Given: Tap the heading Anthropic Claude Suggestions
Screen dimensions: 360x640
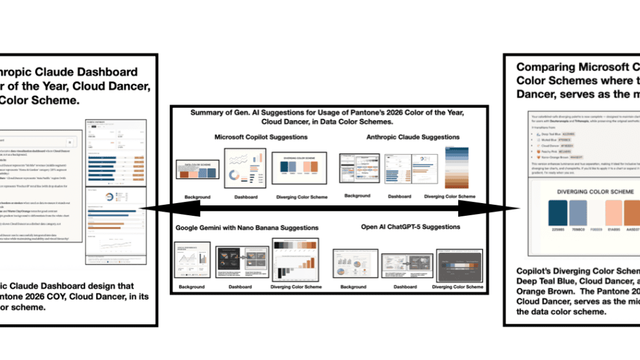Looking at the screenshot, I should click(413, 137).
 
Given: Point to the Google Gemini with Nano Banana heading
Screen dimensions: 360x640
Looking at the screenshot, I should click(247, 227).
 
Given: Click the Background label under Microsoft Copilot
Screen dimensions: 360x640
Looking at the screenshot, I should click(198, 197).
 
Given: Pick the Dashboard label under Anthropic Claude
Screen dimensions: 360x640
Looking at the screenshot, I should click(399, 196).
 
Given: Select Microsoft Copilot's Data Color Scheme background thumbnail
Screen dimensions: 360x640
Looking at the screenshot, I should click(197, 170).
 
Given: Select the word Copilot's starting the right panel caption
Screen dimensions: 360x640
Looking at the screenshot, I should click(536, 271).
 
